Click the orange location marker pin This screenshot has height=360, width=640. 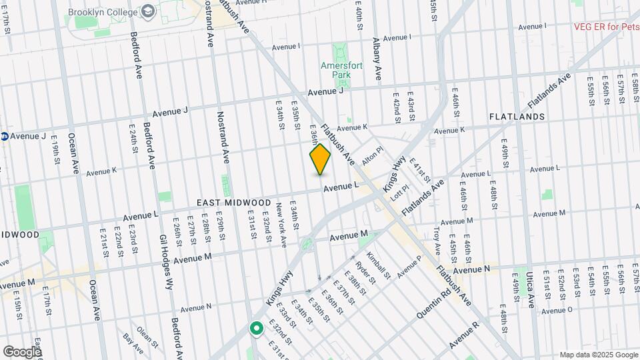(320, 160)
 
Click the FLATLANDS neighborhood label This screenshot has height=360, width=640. (517, 117)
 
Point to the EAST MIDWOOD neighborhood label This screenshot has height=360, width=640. (233, 203)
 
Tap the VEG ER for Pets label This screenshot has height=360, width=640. (607, 27)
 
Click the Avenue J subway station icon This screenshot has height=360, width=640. (4, 136)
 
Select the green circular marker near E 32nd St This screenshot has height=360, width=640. (255, 328)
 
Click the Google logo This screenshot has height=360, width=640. (21, 351)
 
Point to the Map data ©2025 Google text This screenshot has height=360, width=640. (598, 355)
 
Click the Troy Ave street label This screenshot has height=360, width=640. (437, 241)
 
